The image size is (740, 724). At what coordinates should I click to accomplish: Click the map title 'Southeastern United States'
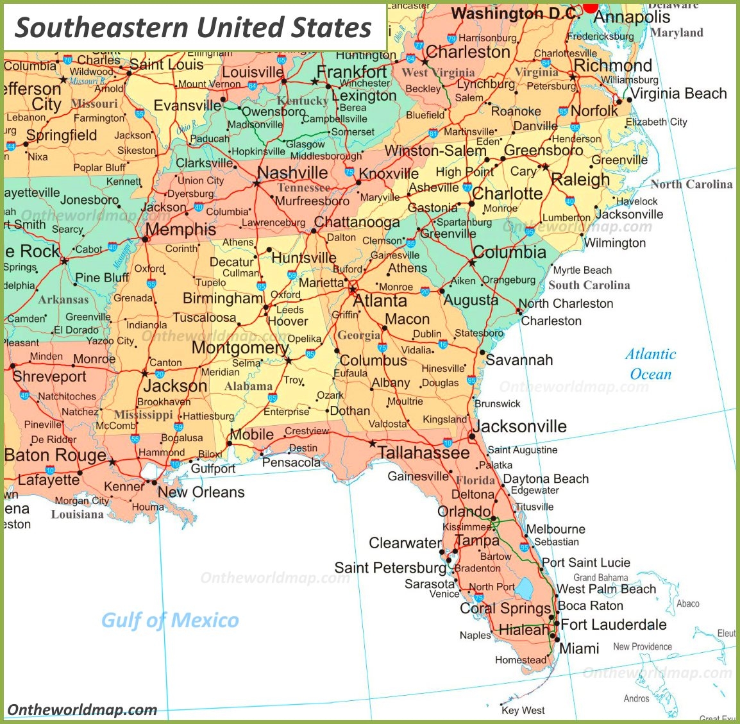coord(193,28)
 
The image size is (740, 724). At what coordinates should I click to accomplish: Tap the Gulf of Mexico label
coord(170,620)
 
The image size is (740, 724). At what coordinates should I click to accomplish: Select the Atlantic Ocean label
coord(651,364)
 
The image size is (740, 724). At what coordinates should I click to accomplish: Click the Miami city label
coord(579,648)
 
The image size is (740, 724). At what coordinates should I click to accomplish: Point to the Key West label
coord(523,710)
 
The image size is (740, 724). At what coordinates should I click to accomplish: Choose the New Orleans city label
coord(201,492)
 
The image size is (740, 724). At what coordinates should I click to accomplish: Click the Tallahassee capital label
coord(423,453)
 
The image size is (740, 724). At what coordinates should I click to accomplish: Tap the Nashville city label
coord(292,173)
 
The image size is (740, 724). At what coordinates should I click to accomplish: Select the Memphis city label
coord(181,229)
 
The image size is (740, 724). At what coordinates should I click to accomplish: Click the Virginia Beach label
coord(679,94)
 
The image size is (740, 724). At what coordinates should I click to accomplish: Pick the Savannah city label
coord(519,360)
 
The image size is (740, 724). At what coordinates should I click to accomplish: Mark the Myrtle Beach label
coord(582,270)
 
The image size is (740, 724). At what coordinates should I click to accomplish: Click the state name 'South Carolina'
coord(589,285)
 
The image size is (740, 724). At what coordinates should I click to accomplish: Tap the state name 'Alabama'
coord(248,386)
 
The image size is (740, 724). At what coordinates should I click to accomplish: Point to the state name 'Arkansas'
coord(63,299)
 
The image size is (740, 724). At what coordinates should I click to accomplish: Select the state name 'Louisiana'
coord(77,514)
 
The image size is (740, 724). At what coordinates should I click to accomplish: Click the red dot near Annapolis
coord(590,6)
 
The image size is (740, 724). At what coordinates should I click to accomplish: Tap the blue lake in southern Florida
coord(525,588)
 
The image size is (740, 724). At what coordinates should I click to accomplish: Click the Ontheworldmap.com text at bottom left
coord(82,709)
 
